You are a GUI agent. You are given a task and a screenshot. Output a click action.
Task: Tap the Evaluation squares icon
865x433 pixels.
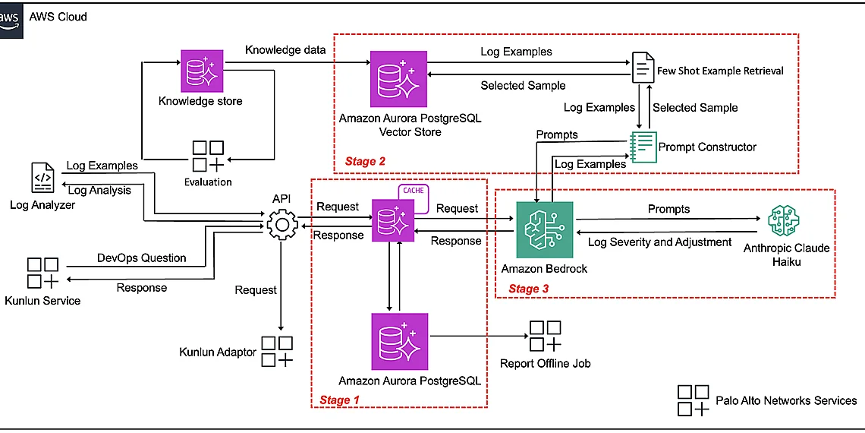[x=208, y=156]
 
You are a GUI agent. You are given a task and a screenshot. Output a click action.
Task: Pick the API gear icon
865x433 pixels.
[x=282, y=223]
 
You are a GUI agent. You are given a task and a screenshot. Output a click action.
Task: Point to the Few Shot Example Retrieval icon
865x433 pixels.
[x=643, y=70]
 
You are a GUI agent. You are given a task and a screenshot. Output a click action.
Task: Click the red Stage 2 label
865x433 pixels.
[x=365, y=161]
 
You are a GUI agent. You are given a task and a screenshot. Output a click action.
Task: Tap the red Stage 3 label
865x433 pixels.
[x=528, y=288]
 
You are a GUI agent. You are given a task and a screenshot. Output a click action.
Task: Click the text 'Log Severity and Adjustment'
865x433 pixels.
[x=659, y=242]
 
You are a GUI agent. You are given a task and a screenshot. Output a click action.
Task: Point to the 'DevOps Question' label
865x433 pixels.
[x=142, y=258]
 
